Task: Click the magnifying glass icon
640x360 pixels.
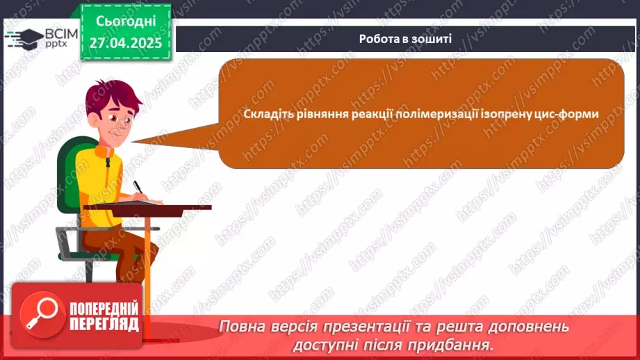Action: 40,311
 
